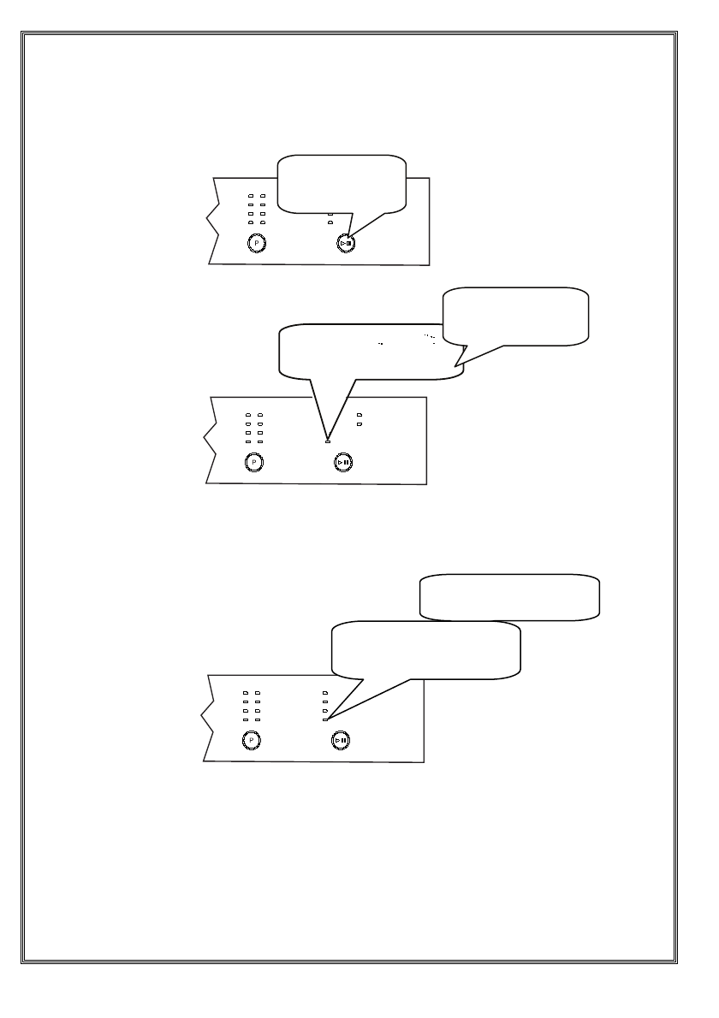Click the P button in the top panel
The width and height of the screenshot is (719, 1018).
click(x=255, y=243)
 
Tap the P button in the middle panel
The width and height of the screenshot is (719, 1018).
click(x=253, y=462)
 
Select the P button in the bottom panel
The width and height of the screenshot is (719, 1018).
click(x=252, y=739)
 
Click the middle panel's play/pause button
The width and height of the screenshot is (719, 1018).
click(x=342, y=462)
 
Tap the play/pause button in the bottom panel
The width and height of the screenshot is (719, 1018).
click(x=341, y=739)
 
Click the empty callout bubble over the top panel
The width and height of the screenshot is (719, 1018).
click(x=342, y=183)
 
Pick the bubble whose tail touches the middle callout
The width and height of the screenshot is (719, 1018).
click(x=517, y=316)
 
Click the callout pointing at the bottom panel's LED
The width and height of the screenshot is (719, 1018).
click(x=425, y=648)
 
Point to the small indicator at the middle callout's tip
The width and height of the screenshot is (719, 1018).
click(x=328, y=441)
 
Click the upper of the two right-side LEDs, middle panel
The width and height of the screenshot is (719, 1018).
click(x=359, y=415)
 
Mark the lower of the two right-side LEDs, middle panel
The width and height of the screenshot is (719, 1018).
click(x=359, y=423)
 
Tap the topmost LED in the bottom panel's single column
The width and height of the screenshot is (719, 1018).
click(x=325, y=691)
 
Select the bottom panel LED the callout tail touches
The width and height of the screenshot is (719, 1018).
click(x=325, y=719)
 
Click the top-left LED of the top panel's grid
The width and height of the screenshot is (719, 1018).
click(x=251, y=196)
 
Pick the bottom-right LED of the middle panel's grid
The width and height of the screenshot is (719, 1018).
click(x=260, y=442)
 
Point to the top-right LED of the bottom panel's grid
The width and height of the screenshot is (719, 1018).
click(x=256, y=692)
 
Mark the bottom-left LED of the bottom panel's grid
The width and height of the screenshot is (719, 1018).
click(x=246, y=719)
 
